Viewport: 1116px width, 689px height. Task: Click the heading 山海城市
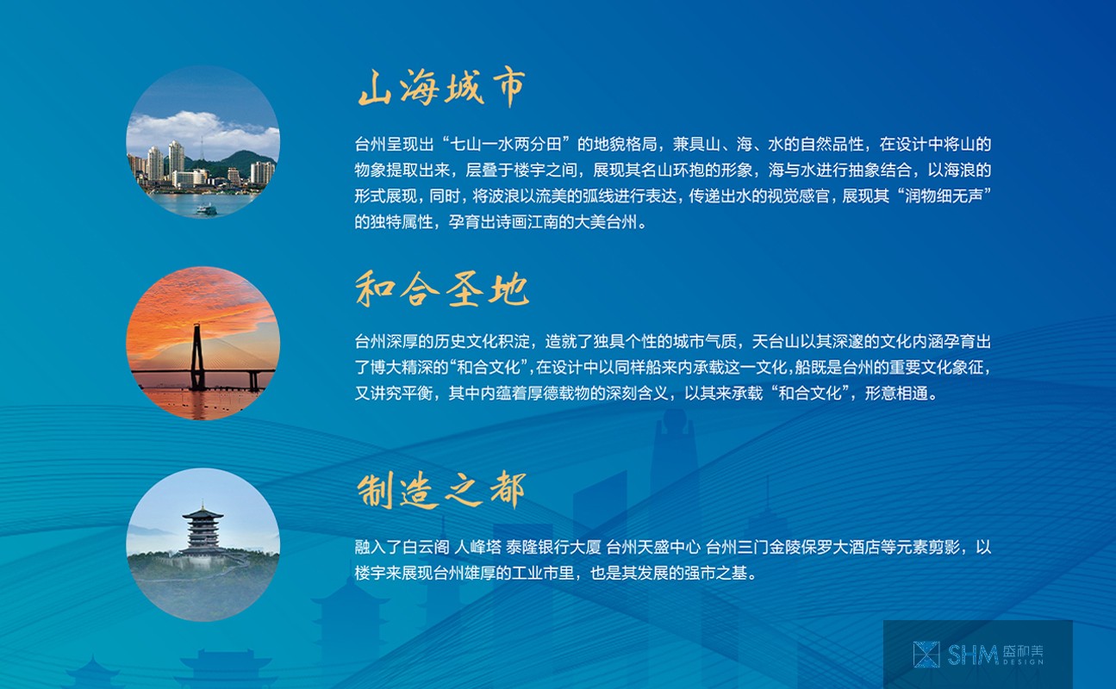[441, 88]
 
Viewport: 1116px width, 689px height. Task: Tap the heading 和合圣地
[441, 289]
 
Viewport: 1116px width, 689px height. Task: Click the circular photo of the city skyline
[203, 142]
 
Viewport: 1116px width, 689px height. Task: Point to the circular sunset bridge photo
[203, 344]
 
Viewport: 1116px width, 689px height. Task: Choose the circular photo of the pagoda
[203, 544]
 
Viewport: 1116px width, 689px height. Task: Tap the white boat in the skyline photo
[206, 209]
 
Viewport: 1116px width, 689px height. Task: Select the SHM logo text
[972, 655]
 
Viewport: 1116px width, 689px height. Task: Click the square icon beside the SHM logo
[926, 655]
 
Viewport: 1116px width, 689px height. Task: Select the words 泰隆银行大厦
[553, 548]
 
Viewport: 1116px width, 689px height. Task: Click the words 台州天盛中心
[653, 548]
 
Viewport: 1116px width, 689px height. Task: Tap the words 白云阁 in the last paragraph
[426, 548]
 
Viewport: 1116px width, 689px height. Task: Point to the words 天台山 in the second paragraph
[775, 342]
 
